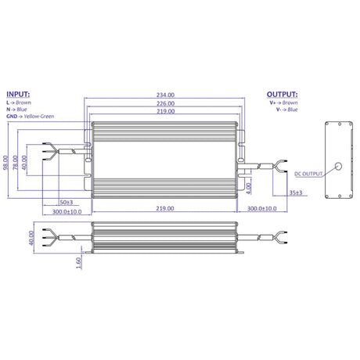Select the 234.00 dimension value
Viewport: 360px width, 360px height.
[165, 95]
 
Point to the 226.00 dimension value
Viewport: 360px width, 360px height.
[165, 104]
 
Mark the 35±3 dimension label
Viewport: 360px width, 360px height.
[296, 193]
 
